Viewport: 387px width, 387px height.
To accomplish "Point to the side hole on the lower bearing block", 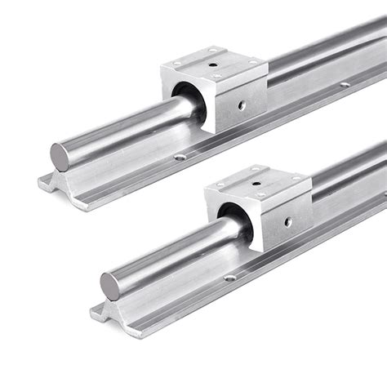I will pos(287,221).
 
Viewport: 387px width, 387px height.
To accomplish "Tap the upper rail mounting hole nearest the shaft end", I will pos(180,157).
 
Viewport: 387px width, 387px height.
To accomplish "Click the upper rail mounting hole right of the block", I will pos(345,83).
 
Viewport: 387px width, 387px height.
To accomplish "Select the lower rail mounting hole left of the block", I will pos(230,278).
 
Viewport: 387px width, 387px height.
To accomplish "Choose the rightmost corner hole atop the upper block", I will pos(252,61).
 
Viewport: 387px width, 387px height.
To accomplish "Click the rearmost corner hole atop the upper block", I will pos(213,51).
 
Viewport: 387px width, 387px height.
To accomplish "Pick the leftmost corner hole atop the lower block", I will pos(221,185).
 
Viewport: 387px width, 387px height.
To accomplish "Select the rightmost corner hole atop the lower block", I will pos(296,178).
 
